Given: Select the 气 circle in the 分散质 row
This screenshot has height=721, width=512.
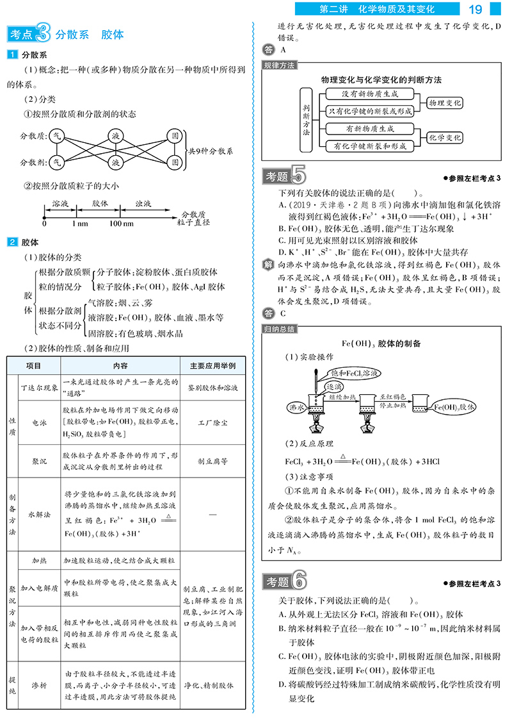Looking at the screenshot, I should pos(57,136).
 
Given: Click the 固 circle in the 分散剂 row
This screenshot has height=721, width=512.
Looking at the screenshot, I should pos(173,162).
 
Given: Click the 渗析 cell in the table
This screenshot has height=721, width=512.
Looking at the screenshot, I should pos(39,685).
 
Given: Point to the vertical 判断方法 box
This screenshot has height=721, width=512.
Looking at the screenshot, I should pos(306,120).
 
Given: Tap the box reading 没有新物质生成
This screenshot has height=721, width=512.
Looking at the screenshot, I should pos(369,94).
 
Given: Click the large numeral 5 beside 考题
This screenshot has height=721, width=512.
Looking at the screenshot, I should pos(298,175).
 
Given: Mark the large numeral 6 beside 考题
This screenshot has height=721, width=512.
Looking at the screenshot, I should pos(298,582).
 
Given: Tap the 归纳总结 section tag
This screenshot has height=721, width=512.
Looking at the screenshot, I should pos(279,328).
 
